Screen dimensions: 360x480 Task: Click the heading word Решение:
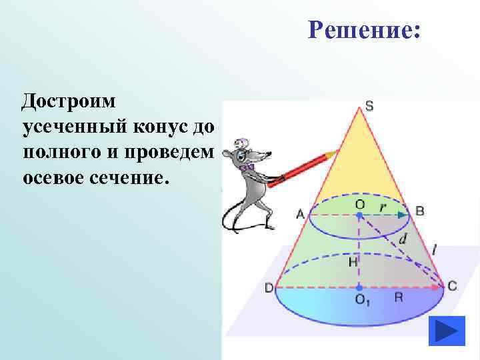364,30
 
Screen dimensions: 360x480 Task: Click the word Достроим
69,101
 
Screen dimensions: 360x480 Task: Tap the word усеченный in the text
77,127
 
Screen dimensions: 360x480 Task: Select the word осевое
57,178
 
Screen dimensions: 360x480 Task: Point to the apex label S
369,105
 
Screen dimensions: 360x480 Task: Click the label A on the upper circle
299,213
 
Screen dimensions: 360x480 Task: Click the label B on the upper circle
419,211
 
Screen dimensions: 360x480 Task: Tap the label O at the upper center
359,205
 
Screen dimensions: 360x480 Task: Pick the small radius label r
382,206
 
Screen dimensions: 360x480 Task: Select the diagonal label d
402,238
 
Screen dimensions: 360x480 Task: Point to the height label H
353,263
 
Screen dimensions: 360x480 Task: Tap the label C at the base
452,286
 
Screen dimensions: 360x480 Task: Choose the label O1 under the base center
363,301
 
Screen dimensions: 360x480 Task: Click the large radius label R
398,297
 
